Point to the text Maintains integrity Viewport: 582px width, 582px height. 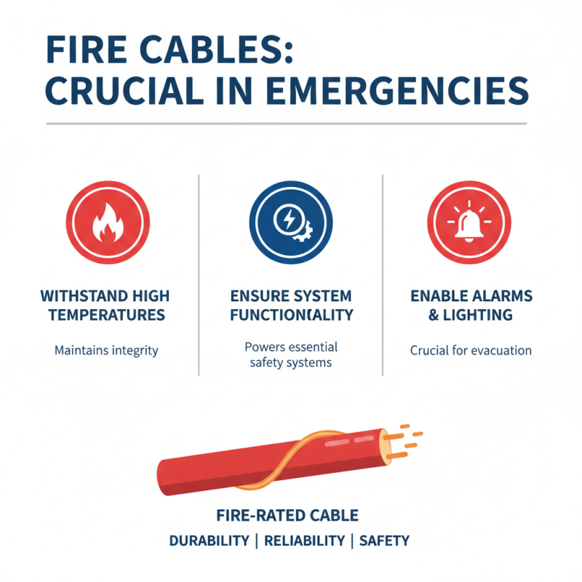pos(106,351)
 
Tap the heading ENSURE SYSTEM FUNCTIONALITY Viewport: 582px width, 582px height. pos(291,306)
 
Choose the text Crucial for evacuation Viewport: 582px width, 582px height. pos(471,351)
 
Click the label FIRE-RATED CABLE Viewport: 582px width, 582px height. pos(287,517)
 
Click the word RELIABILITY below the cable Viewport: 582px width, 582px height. pos(304,541)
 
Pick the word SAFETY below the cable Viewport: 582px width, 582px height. pos(384,541)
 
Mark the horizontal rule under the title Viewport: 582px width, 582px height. pos(285,124)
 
